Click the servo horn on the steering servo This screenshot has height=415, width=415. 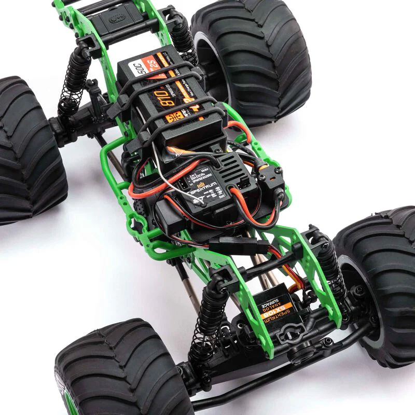coord(288,335)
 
